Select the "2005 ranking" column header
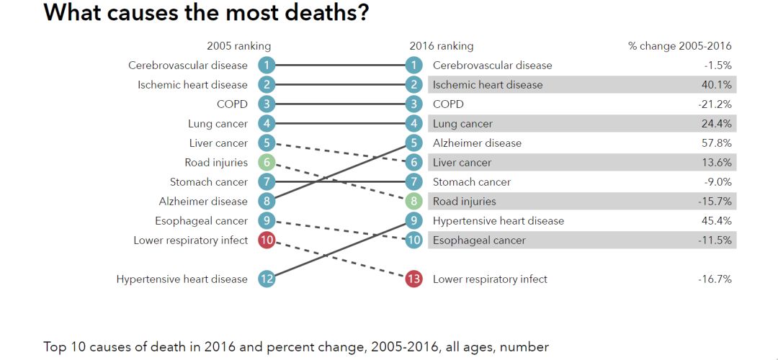(x=238, y=46)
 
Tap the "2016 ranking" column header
(x=442, y=46)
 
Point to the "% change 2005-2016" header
(x=679, y=46)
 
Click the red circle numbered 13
(x=413, y=279)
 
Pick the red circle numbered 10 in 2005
(x=267, y=240)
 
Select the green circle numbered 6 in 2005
(x=267, y=163)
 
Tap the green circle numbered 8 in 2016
(x=413, y=202)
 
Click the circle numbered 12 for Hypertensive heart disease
(x=267, y=279)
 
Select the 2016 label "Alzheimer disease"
(x=477, y=143)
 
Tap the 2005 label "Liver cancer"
(x=218, y=143)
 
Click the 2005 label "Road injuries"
(x=216, y=163)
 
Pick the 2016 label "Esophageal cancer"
(x=479, y=240)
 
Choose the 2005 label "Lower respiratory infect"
(x=191, y=240)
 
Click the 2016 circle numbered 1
(x=413, y=66)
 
